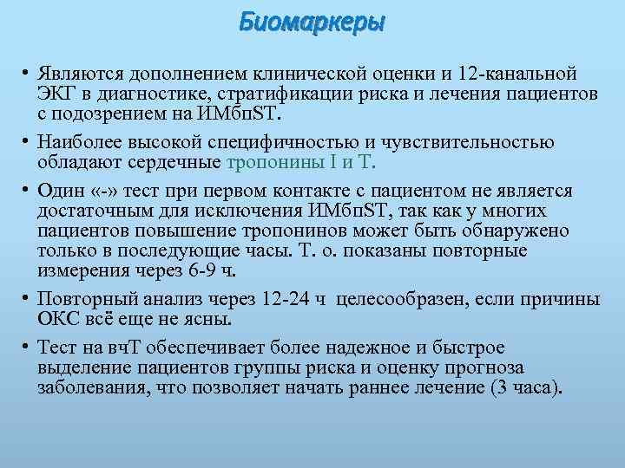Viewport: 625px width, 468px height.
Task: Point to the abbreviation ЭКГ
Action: pos(56,94)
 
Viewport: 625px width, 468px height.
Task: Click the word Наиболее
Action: pos(78,142)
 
